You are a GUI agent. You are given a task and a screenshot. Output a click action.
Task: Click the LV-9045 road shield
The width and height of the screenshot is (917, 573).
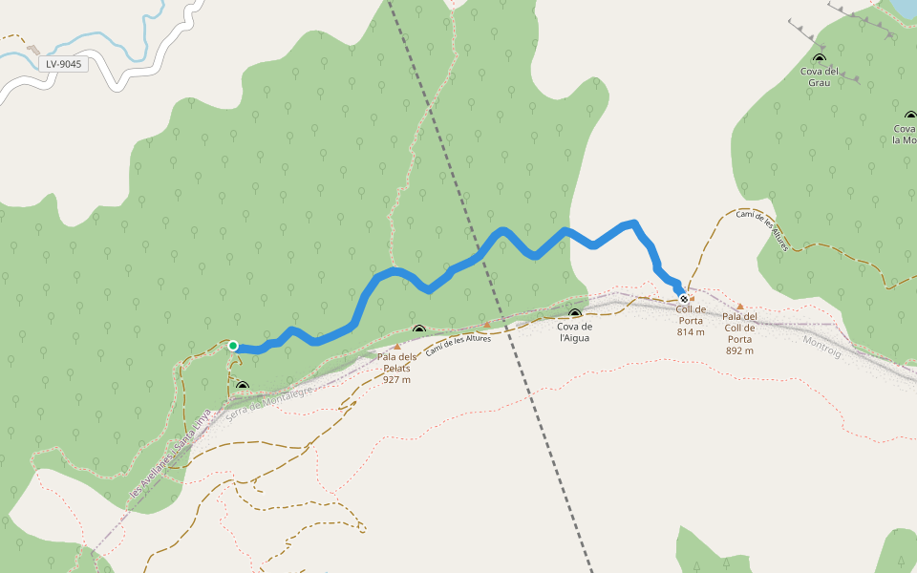[x=64, y=65]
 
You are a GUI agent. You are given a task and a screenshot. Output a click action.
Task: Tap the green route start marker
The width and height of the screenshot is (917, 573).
[x=233, y=346]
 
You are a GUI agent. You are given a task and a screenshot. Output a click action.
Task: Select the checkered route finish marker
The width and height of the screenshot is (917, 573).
[x=684, y=299]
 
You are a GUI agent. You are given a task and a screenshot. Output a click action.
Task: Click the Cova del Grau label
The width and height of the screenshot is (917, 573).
[x=820, y=76]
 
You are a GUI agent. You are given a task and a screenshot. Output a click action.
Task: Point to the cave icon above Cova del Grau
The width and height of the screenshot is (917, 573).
[x=820, y=58]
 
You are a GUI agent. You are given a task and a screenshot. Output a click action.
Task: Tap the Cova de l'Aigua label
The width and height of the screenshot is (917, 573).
[x=575, y=331]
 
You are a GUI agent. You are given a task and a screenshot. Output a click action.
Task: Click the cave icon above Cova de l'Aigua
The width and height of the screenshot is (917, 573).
[x=575, y=313]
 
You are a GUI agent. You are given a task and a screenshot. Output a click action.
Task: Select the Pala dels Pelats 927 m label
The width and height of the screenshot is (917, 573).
[x=396, y=368]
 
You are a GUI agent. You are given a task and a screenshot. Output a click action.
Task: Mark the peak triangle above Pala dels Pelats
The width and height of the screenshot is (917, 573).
[x=397, y=347]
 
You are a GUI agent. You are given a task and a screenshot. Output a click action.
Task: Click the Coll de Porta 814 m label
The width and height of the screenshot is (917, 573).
[x=691, y=321]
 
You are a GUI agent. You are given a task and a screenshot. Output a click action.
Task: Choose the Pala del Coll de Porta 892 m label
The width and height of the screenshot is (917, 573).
[x=739, y=333]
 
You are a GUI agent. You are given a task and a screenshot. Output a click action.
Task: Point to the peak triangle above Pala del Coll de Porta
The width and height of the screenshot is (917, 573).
[x=739, y=307]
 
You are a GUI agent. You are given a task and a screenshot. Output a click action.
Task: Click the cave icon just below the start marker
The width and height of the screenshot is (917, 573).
[x=242, y=387]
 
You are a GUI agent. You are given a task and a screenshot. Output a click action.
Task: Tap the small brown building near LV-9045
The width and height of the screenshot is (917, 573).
[x=34, y=50]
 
